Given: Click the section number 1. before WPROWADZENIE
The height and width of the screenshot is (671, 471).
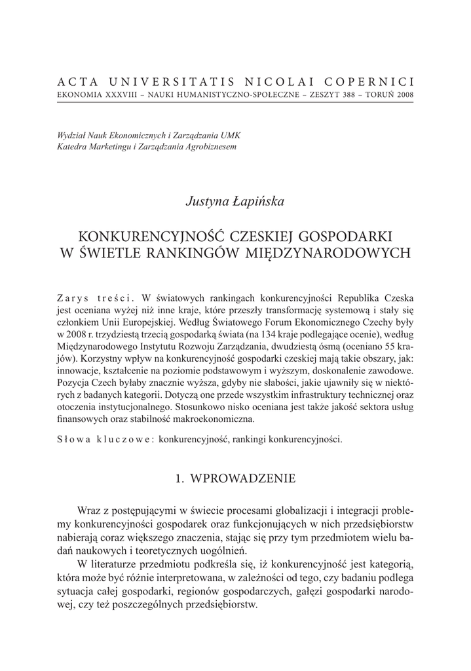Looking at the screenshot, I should tap(180, 479).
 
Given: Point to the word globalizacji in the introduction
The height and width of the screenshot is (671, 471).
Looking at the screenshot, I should tap(299, 510).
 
